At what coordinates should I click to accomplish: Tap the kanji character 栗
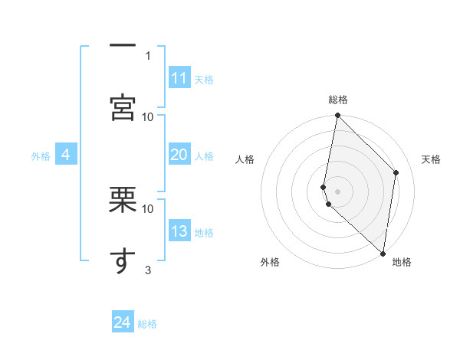pyautogui.click(x=123, y=200)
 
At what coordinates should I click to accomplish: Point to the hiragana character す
pyautogui.click(x=123, y=260)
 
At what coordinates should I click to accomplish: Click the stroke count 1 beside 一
pyautogui.click(x=148, y=55)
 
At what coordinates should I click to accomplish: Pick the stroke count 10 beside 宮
pyautogui.click(x=148, y=116)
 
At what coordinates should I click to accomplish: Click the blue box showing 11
pyautogui.click(x=179, y=78)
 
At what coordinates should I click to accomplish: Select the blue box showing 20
pyautogui.click(x=179, y=155)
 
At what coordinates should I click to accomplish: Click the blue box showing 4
pyautogui.click(x=66, y=155)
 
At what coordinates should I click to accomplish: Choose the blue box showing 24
pyautogui.click(x=123, y=322)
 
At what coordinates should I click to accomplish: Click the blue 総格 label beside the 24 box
pyautogui.click(x=147, y=324)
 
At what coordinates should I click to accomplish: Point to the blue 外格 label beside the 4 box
pyautogui.click(x=41, y=156)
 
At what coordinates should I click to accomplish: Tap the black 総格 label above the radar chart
pyautogui.click(x=338, y=100)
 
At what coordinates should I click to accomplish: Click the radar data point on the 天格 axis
pyautogui.click(x=396, y=172)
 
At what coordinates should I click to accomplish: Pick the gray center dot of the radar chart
pyautogui.click(x=338, y=191)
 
